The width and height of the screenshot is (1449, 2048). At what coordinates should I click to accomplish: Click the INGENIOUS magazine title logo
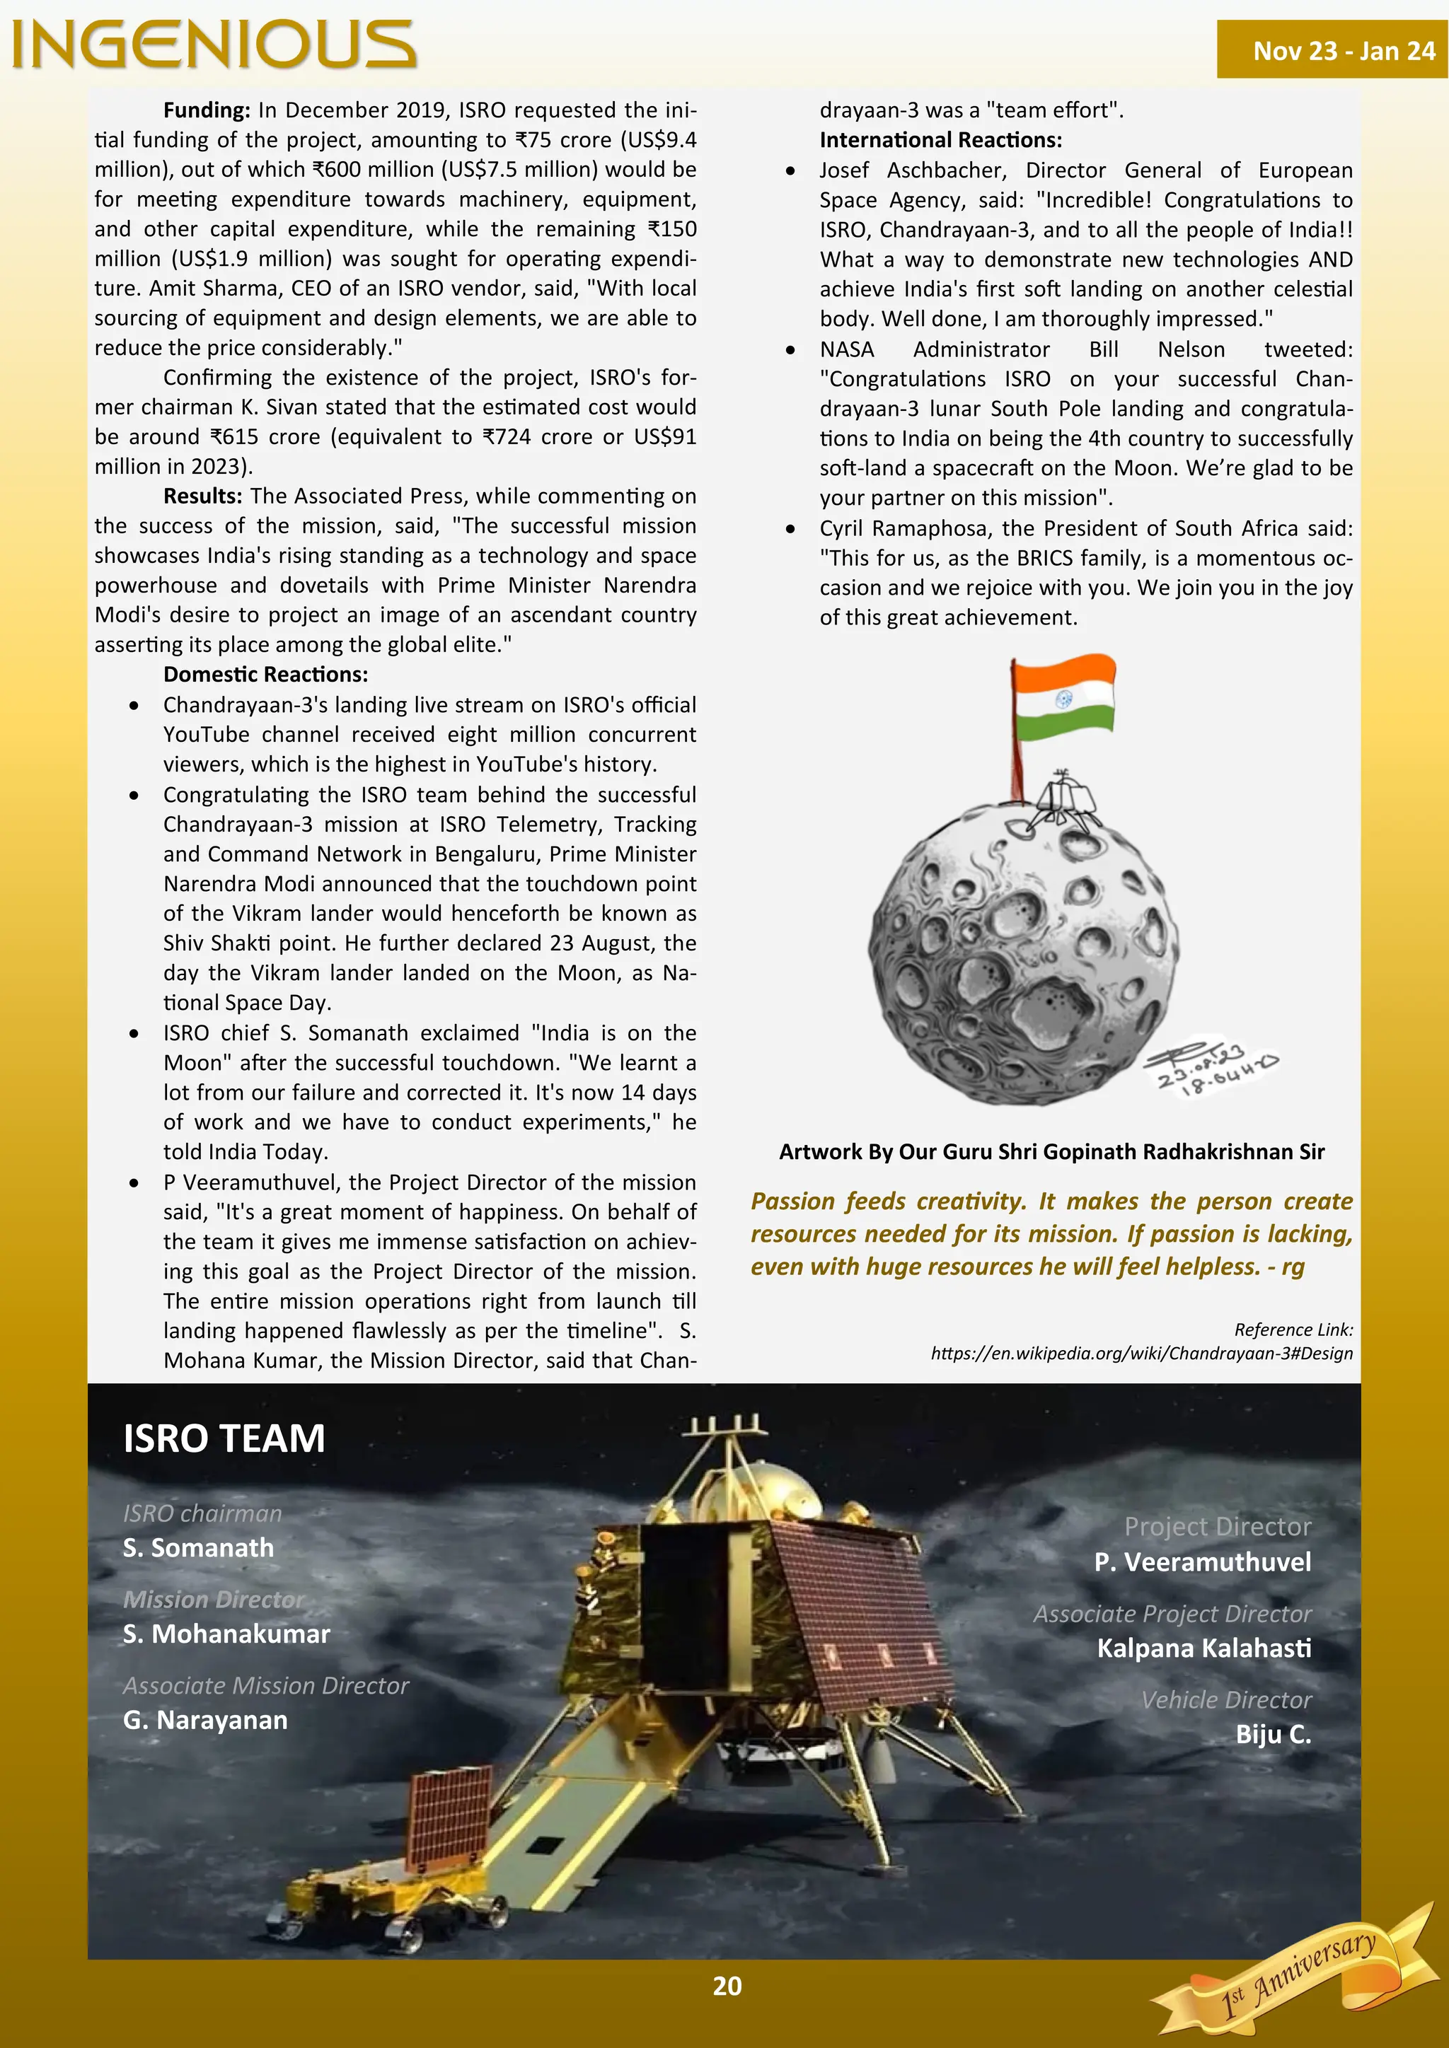click(x=214, y=45)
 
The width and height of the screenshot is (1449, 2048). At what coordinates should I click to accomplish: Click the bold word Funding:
click(x=206, y=110)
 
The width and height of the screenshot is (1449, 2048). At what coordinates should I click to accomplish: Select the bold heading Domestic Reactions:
click(x=265, y=675)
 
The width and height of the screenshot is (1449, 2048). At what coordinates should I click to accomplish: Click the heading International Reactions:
click(x=940, y=140)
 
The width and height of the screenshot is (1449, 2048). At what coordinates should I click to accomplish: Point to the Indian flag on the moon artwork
click(x=1063, y=699)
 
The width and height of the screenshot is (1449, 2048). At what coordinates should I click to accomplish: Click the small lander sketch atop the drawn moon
click(x=1059, y=800)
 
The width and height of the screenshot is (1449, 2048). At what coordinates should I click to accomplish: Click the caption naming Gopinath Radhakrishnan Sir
click(x=1051, y=1151)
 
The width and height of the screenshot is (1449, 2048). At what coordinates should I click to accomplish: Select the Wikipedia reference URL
click(x=1141, y=1353)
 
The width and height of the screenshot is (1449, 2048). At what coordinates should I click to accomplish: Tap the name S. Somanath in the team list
click(x=198, y=1547)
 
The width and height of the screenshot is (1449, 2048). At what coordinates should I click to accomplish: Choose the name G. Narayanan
click(x=205, y=1720)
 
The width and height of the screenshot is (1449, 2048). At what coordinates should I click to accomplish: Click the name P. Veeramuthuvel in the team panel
click(x=1202, y=1562)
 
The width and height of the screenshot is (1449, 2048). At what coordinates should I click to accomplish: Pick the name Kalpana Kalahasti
click(x=1203, y=1648)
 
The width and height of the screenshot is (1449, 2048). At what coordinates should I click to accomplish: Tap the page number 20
click(x=727, y=1986)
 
